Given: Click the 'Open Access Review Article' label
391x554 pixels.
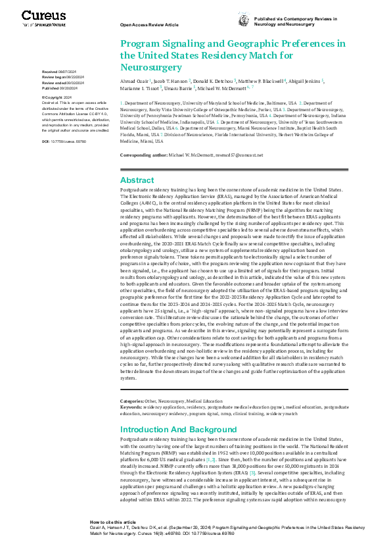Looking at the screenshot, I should [149, 24].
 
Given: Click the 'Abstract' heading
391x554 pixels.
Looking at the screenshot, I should [137, 180].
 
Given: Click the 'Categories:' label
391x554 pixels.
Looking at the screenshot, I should [132, 401].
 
